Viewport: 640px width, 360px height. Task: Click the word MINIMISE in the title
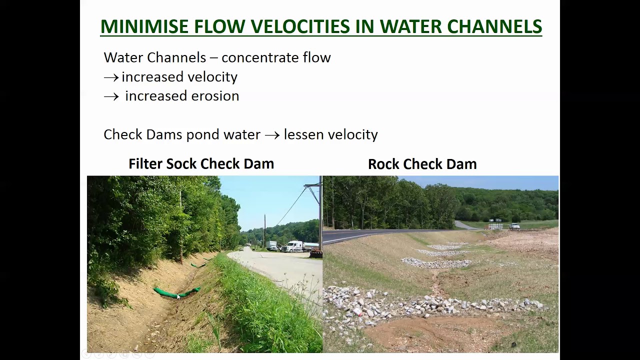click(x=144, y=26)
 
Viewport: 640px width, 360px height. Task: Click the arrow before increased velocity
click(x=111, y=77)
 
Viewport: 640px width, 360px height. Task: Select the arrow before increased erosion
click(x=111, y=96)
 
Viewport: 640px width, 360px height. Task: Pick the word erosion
click(x=214, y=96)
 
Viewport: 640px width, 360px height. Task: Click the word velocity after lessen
click(x=353, y=134)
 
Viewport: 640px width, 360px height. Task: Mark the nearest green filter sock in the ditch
click(x=176, y=292)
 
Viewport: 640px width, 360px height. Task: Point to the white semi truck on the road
click(x=295, y=246)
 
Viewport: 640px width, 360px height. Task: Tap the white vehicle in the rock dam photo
click(x=514, y=226)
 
